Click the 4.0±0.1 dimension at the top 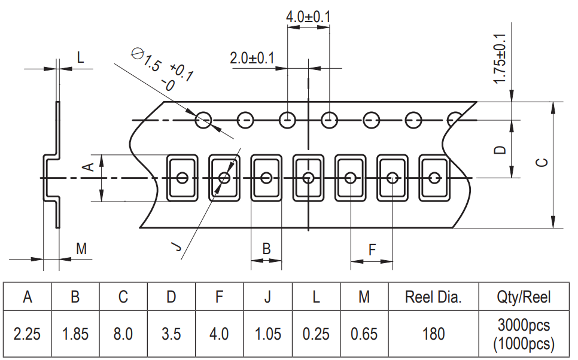point(308,17)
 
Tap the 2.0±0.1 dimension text point(252,59)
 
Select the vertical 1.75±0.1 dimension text point(500,59)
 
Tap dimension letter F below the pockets point(372,249)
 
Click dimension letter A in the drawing point(87,167)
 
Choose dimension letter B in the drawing point(267,248)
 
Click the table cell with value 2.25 point(27,333)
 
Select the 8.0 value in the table point(123,333)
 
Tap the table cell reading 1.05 point(267,333)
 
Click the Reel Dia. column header point(434,297)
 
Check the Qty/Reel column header point(524,297)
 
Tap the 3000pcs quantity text point(524,325)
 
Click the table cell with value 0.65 point(364,333)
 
